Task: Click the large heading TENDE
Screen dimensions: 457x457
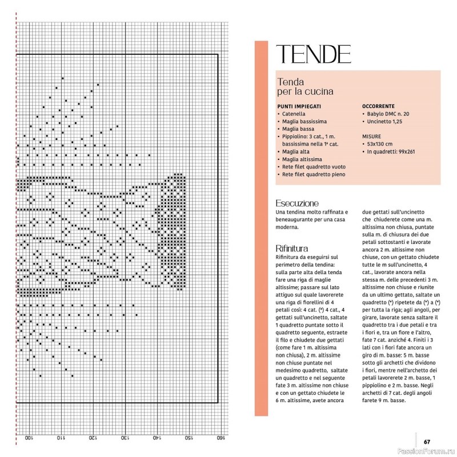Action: tap(313, 54)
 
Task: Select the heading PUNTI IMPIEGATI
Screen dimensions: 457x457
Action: tap(299, 106)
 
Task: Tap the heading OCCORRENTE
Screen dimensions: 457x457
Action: tap(378, 106)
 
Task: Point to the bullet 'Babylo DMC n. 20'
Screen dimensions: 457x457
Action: tap(388, 114)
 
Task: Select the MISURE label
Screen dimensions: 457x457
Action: tap(371, 137)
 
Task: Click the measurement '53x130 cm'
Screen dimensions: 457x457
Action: tap(380, 145)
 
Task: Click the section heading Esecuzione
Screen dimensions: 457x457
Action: tap(296, 203)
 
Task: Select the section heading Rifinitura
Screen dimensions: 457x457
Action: tap(292, 248)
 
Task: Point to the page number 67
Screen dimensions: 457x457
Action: tap(427, 440)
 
